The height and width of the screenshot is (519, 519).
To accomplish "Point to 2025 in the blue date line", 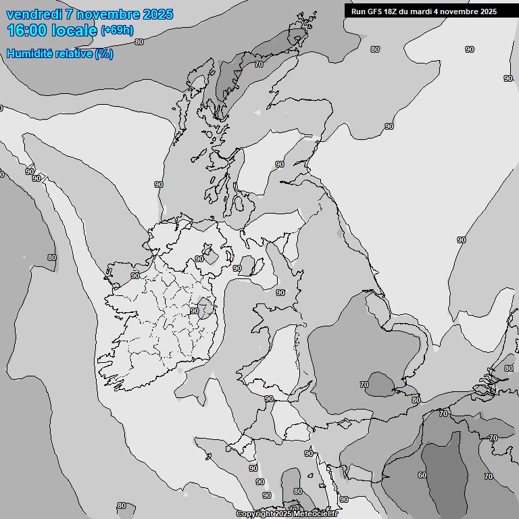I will coord(157,14).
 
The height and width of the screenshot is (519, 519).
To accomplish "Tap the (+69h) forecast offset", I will coord(117,30).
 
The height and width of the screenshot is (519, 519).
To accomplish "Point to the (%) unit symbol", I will coord(104,53).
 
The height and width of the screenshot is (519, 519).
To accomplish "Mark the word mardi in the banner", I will coord(424,11).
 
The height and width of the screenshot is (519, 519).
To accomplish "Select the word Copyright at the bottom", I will coord(255,514).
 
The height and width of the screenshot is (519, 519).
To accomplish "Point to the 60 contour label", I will coord(422,475).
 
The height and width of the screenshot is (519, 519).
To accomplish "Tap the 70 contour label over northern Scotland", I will coord(259,64).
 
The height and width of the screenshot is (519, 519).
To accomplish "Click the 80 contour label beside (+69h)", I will coord(139,42).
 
